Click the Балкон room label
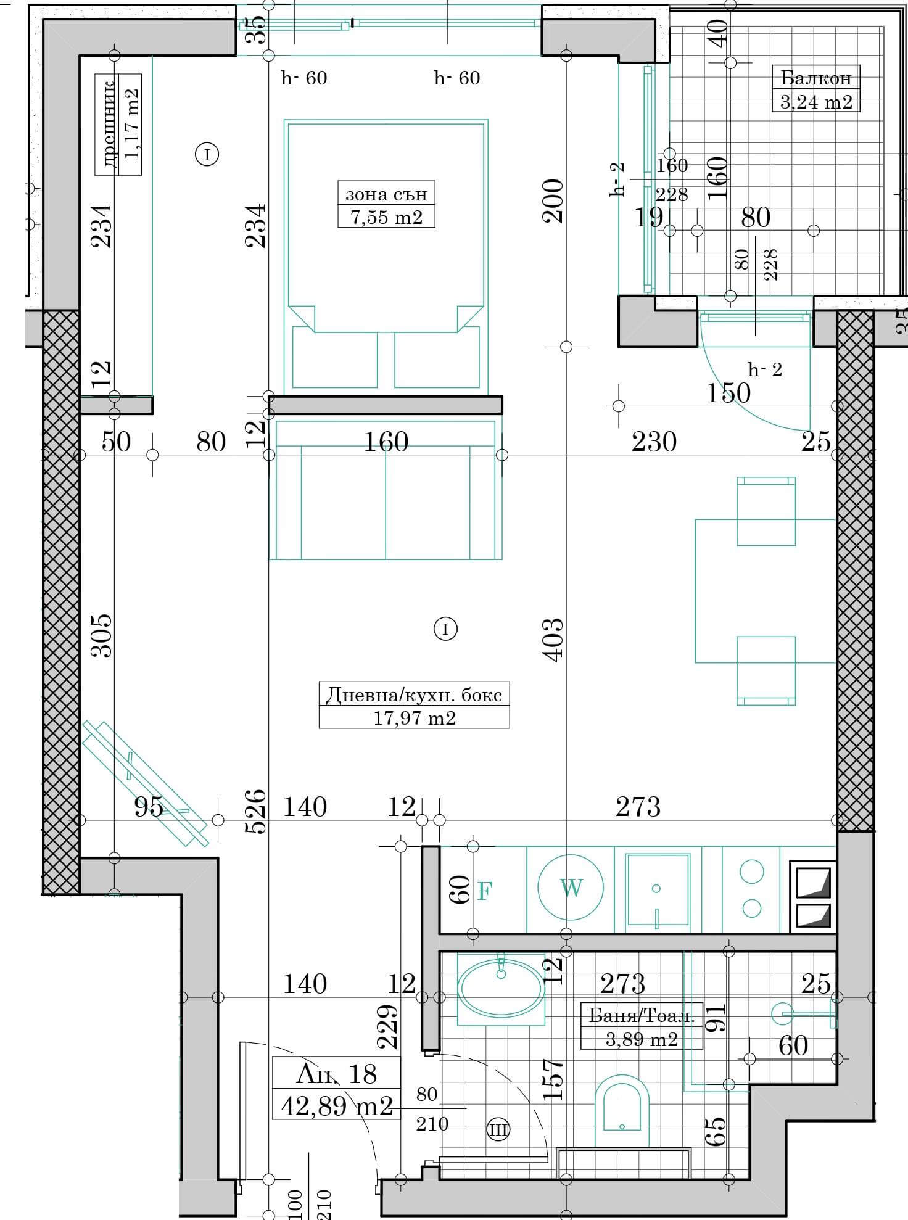tap(815, 78)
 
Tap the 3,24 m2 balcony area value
tap(816, 102)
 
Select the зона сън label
tap(386, 194)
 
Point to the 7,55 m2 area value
tap(386, 217)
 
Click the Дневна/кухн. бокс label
tap(414, 695)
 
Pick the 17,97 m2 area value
tap(415, 718)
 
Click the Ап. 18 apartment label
tap(336, 1074)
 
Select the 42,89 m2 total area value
tap(337, 1106)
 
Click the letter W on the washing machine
tap(571, 888)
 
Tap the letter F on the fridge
tap(485, 891)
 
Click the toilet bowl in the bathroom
tap(622, 1111)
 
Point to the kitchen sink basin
tap(657, 889)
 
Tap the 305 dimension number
tap(101, 635)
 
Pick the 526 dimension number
tap(255, 811)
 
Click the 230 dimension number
tap(654, 442)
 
